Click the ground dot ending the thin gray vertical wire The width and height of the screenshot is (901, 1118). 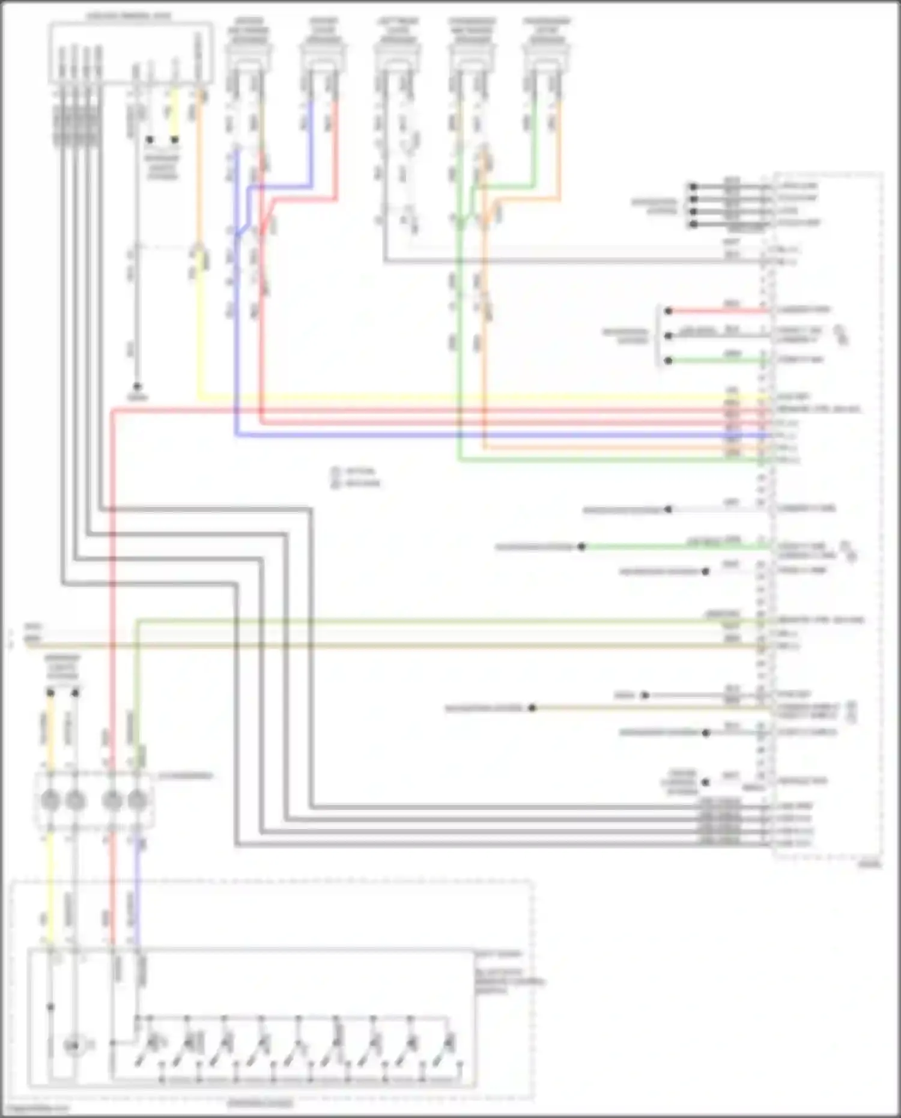coord(137,386)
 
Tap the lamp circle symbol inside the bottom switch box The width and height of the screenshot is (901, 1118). coord(73,1047)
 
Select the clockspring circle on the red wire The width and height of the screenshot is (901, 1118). coord(112,800)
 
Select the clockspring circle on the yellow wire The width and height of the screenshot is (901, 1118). coord(50,800)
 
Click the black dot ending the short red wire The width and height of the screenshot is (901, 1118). coord(668,311)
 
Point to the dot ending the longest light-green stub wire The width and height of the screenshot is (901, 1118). coord(581,547)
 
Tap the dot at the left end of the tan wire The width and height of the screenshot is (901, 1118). coord(532,708)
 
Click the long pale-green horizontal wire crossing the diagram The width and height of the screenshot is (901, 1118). coord(420,620)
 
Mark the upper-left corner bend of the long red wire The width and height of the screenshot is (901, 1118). coord(113,411)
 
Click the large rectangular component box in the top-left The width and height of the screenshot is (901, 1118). coord(130,53)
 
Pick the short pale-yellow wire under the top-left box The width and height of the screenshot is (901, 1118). coord(175,114)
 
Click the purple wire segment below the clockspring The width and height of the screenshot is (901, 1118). coord(138,889)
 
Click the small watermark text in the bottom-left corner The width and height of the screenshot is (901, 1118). coord(36,1109)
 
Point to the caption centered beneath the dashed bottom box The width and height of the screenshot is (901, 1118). coord(261,1104)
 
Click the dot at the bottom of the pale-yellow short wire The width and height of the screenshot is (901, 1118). coord(175,140)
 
